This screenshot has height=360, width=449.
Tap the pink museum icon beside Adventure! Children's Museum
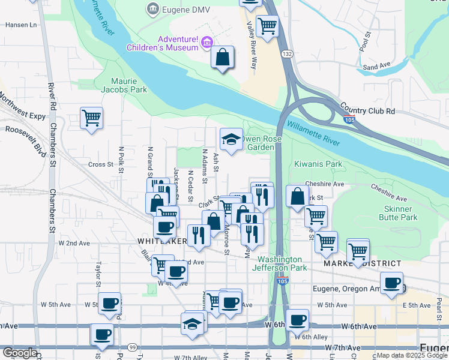click(x=207, y=42)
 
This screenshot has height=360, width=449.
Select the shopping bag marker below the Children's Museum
click(x=222, y=58)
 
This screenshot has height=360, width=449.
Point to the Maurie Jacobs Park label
click(x=129, y=85)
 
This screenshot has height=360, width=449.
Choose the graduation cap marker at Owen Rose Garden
click(x=231, y=140)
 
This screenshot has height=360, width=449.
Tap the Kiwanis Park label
click(x=318, y=164)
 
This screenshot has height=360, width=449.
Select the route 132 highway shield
click(x=288, y=54)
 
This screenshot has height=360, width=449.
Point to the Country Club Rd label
click(x=367, y=111)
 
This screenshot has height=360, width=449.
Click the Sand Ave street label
click(x=376, y=66)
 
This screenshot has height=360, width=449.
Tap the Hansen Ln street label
click(x=21, y=25)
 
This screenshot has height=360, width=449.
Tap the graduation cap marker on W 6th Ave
click(x=192, y=323)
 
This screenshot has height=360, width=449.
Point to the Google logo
click(x=19, y=353)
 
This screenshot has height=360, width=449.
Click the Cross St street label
click(x=101, y=164)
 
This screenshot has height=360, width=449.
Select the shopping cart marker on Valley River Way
click(x=267, y=26)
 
